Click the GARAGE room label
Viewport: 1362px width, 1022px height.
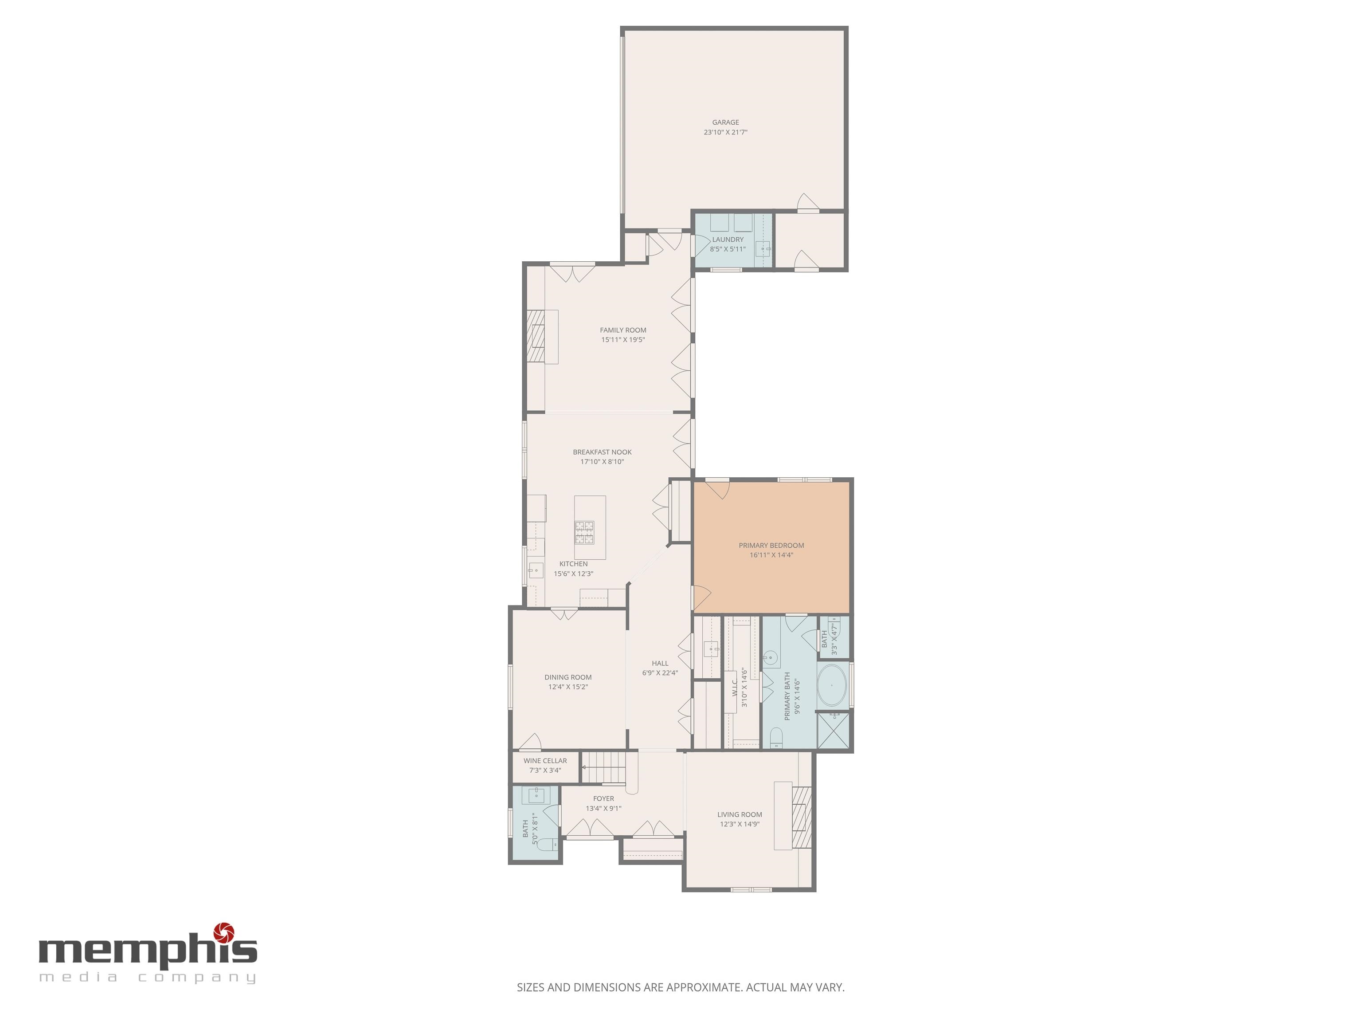(x=725, y=122)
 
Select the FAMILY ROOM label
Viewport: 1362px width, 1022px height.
(x=623, y=330)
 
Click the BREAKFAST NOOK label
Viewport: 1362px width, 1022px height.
(x=602, y=452)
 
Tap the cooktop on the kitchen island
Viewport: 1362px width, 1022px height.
(x=584, y=532)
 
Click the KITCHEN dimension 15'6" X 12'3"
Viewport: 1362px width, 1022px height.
(x=573, y=574)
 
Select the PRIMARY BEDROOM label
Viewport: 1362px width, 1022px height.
(x=771, y=545)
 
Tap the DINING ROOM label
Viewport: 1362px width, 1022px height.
(x=567, y=677)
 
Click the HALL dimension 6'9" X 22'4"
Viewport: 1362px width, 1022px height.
(x=660, y=673)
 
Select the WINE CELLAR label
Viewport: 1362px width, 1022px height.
(x=545, y=761)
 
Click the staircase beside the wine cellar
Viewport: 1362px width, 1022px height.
(x=603, y=768)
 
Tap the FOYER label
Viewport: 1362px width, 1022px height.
(x=603, y=798)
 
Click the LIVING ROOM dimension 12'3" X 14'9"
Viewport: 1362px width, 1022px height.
(x=740, y=824)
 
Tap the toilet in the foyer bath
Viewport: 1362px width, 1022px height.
(x=546, y=845)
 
